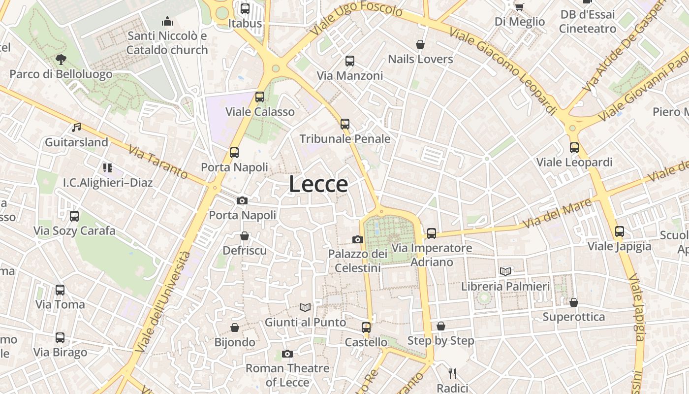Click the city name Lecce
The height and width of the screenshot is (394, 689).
click(318, 184)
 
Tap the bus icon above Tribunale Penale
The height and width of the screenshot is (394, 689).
click(345, 124)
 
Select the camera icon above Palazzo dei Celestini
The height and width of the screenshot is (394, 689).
click(358, 239)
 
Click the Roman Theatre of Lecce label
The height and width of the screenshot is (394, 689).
click(287, 375)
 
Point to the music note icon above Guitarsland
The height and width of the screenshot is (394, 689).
click(76, 128)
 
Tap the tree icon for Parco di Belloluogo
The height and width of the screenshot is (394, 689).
click(61, 60)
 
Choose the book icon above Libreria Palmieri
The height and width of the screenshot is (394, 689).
click(505, 271)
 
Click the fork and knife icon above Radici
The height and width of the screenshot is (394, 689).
click(453, 373)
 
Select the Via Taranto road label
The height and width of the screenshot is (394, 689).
click(158, 162)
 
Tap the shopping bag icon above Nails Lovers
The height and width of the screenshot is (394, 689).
click(420, 44)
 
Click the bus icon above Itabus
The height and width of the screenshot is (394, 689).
click(245, 8)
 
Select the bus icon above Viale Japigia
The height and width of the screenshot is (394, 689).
click(620, 231)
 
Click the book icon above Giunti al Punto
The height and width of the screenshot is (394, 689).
click(305, 307)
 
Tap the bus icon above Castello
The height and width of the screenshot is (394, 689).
click(366, 327)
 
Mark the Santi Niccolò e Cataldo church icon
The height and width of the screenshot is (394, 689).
click(167, 21)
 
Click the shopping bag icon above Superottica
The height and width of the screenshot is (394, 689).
click(573, 302)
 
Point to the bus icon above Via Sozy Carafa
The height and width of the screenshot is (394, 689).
click(74, 216)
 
